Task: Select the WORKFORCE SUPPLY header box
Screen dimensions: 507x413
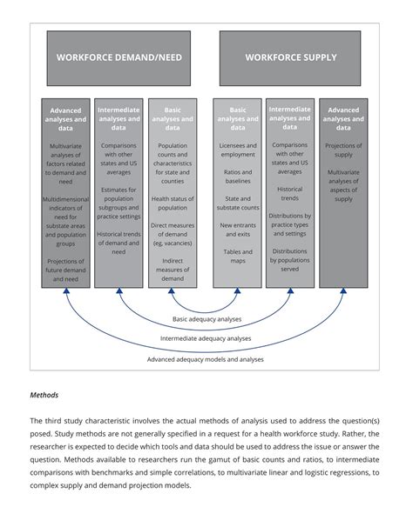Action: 290,58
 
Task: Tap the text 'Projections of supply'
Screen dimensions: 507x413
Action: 343,151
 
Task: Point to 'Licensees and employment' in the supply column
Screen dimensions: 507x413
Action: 238,151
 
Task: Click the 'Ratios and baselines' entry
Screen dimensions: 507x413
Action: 238,177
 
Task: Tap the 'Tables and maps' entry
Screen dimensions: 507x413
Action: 238,257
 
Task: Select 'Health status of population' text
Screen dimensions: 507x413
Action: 173,203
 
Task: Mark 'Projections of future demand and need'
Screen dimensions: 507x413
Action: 66,271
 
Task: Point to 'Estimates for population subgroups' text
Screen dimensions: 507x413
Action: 118,203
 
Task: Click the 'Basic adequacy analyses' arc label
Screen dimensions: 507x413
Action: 207,319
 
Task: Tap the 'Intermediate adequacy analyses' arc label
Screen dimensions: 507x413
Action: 206,338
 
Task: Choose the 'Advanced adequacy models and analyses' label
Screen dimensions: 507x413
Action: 206,358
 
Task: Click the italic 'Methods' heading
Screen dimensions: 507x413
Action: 44,395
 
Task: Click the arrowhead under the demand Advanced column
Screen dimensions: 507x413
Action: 66,293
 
